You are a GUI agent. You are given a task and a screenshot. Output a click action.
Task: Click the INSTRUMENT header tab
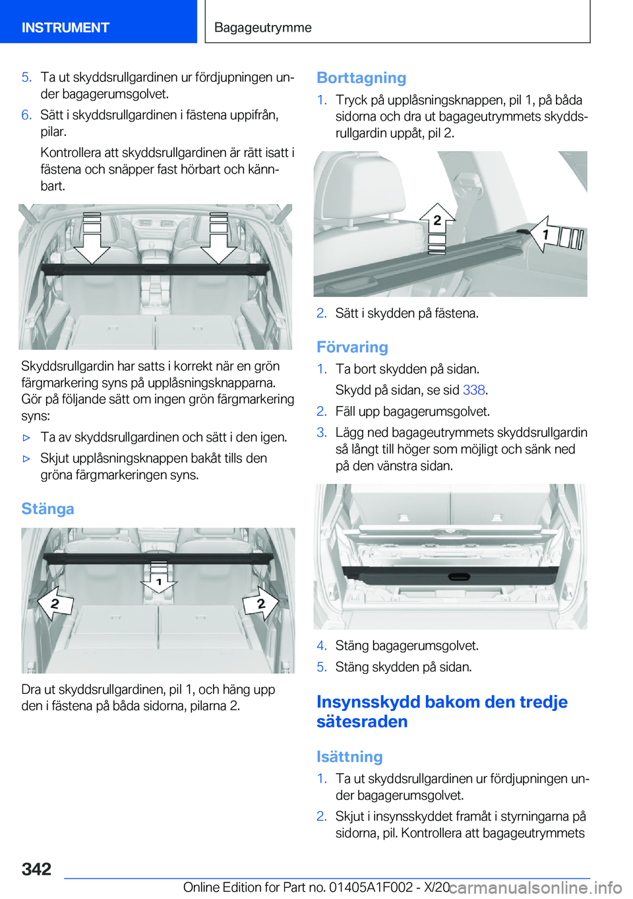(x=65, y=28)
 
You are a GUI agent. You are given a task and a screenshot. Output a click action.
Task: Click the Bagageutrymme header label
(x=262, y=28)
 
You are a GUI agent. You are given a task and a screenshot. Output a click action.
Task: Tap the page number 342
(x=36, y=869)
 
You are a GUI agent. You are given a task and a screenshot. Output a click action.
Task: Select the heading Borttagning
(x=361, y=78)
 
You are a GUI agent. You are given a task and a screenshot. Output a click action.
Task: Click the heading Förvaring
(x=352, y=347)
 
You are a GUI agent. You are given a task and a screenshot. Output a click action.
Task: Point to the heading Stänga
(x=47, y=509)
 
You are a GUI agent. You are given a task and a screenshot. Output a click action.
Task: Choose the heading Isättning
(x=349, y=756)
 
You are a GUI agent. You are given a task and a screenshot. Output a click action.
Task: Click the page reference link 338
(x=473, y=390)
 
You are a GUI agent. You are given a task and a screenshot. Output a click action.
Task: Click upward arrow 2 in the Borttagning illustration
(x=437, y=222)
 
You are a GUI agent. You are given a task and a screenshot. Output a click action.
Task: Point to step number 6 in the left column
(x=26, y=115)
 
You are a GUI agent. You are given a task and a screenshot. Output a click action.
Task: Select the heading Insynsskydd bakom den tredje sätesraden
(x=442, y=711)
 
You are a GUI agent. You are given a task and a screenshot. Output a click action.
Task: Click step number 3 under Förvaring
(x=322, y=432)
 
